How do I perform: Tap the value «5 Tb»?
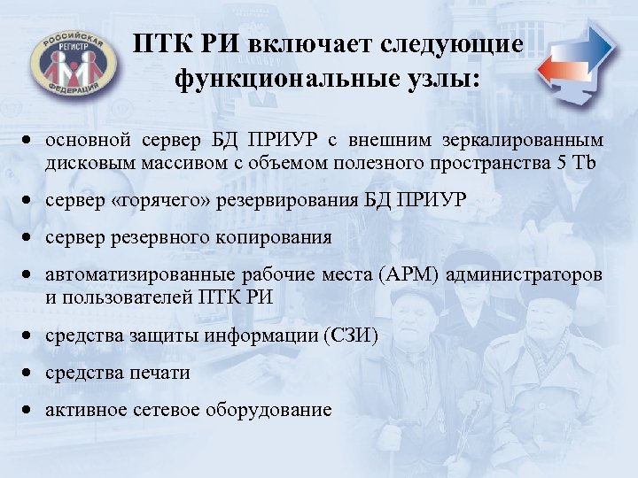click(585, 166)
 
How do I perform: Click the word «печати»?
click(161, 373)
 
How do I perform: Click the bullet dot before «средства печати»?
click(29, 374)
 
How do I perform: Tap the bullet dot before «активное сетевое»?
click(29, 411)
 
